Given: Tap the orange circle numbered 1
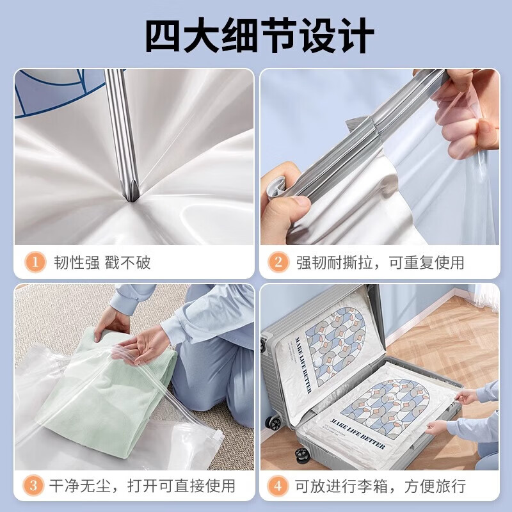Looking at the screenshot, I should (x=35, y=262).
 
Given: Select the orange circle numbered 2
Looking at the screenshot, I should (x=278, y=262).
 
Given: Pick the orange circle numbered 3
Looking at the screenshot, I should (x=35, y=485).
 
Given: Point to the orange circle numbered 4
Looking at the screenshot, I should (x=278, y=485).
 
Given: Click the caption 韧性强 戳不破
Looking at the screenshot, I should (x=102, y=262).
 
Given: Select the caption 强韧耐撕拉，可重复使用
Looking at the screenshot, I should (x=380, y=262).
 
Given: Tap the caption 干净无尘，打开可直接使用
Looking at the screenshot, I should (x=142, y=485).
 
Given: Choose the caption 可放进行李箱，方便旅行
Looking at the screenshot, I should (x=380, y=485).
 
